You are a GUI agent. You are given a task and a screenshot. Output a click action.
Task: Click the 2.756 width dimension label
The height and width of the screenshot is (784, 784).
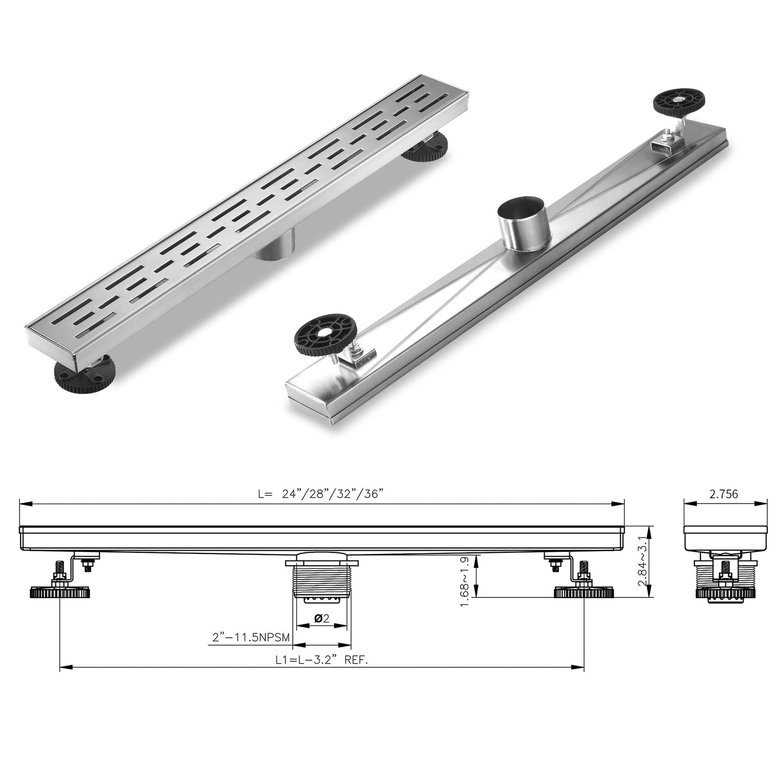pos(723,494)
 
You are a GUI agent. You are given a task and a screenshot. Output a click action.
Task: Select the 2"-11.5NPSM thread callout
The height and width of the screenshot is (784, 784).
pos(250,637)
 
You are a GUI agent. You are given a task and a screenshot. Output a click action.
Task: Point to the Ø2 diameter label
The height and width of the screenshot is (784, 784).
pos(322,618)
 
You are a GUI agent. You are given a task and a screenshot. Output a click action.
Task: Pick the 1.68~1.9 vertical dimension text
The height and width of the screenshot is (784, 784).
pos(465,582)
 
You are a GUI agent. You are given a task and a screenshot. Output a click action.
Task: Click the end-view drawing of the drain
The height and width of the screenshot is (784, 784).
pos(725,564)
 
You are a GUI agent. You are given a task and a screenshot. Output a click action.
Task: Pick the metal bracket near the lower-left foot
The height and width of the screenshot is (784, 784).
pos(359,358)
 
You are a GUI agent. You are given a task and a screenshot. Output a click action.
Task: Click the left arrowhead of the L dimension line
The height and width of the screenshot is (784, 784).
pos(23,504)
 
